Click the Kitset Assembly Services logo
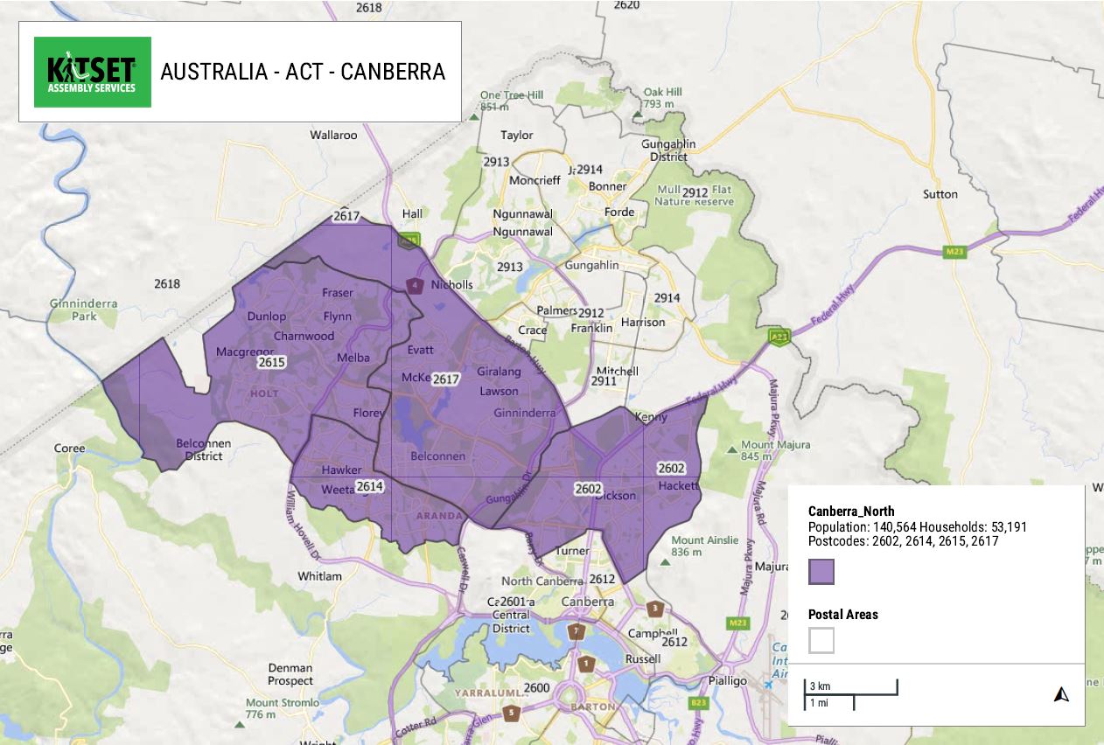pyautogui.click(x=93, y=72)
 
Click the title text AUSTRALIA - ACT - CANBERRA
pyautogui.click(x=303, y=72)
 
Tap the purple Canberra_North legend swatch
pyautogui.click(x=821, y=572)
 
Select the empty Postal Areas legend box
pyautogui.click(x=821, y=640)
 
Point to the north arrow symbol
pyautogui.click(x=1061, y=695)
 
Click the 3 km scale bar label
pyautogui.click(x=819, y=686)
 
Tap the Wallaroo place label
pyautogui.click(x=333, y=136)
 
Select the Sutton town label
pyautogui.click(x=940, y=194)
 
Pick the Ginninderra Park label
pyautogui.click(x=83, y=310)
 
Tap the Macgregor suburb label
pyautogui.click(x=244, y=352)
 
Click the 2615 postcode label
pyautogui.click(x=271, y=362)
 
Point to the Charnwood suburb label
pyautogui.click(x=304, y=336)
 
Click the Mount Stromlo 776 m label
pyautogui.click(x=274, y=708)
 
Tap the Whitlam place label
pyautogui.click(x=319, y=576)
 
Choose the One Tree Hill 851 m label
pyautogui.click(x=511, y=101)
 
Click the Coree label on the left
pyautogui.click(x=69, y=449)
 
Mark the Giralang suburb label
pyautogui.click(x=499, y=372)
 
